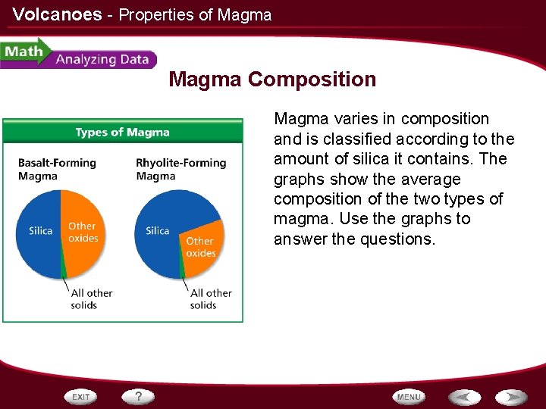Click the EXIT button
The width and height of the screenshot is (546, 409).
81,397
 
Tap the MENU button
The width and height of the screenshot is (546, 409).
409,397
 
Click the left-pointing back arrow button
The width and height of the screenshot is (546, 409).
464,397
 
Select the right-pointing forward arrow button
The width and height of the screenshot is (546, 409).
512,397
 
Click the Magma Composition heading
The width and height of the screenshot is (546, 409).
272,80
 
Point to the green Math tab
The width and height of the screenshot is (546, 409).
24,53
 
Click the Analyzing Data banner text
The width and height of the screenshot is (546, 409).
102,60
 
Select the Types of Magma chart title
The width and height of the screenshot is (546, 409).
122,133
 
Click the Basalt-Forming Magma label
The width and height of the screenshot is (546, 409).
57,169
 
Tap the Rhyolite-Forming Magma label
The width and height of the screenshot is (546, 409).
180,169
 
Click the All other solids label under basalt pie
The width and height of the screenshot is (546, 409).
91,298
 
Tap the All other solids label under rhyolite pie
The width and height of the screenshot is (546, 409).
210,298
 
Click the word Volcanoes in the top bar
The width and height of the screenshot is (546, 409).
57,14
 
